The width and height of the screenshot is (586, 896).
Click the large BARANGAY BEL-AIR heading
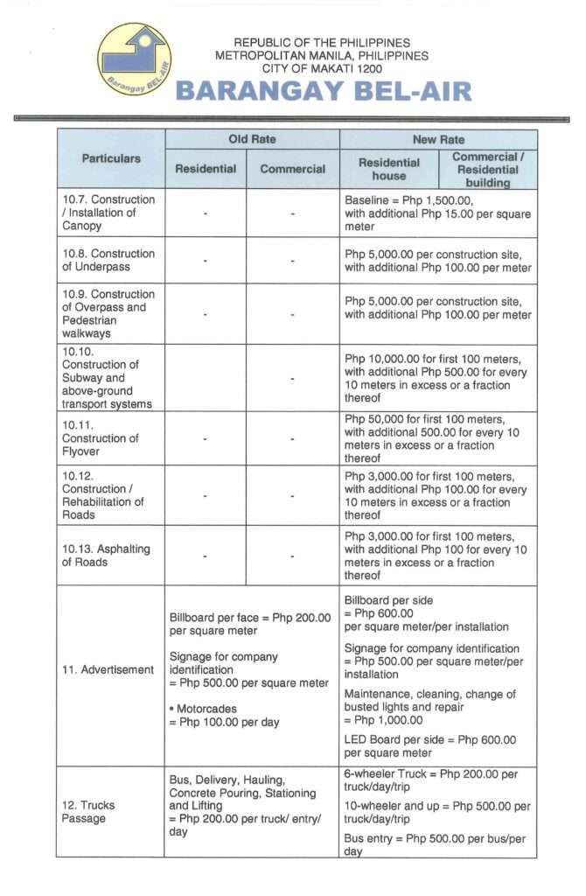[324, 91]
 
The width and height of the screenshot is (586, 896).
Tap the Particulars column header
[111, 159]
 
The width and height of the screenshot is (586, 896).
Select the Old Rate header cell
[252, 139]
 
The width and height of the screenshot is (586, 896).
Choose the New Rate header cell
[438, 139]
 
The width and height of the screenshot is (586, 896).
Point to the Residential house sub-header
[389, 169]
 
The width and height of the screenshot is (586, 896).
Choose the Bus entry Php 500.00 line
[435, 844]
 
